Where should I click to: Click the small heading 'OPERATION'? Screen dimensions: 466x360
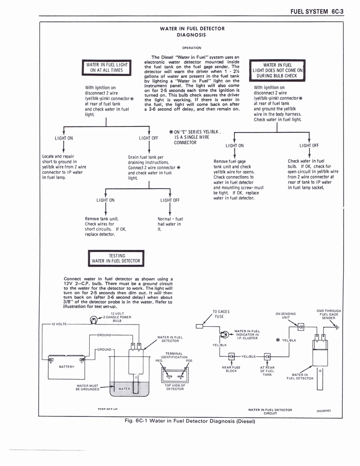[192, 47]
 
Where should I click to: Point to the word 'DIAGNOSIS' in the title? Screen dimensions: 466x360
[192, 35]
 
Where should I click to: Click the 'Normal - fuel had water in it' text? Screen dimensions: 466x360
[169, 224]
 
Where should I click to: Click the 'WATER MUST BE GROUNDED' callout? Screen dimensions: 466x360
[87, 388]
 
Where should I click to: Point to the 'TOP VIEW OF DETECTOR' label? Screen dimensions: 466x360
[175, 387]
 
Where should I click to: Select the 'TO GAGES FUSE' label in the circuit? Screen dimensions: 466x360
[221, 314]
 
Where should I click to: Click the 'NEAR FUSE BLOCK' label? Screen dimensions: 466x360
[231, 369]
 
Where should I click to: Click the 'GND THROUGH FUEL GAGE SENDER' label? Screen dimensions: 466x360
[328, 314]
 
